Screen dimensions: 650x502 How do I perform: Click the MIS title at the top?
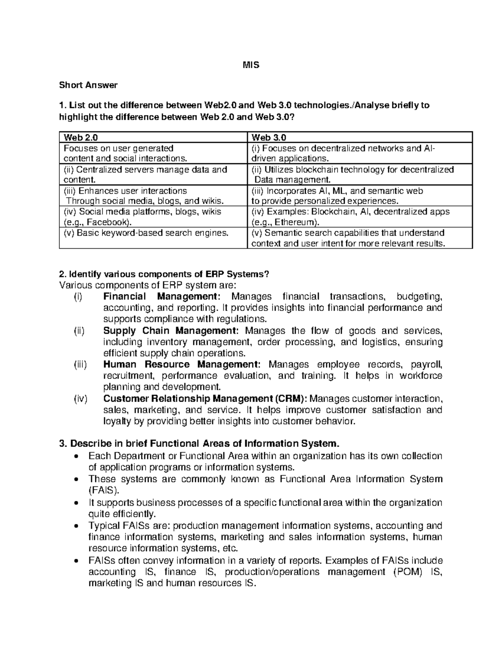(x=251, y=65)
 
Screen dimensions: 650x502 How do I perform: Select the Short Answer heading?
(x=88, y=85)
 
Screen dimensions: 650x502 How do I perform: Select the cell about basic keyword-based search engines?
(x=146, y=233)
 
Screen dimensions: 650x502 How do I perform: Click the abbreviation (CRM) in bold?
(x=290, y=398)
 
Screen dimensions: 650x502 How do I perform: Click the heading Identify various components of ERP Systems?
(x=164, y=274)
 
